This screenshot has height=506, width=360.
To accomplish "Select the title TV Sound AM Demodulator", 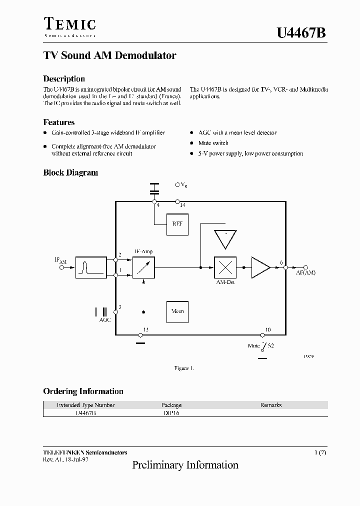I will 109,56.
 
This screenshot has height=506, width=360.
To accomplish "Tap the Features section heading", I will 59,122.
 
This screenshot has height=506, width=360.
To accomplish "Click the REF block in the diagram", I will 177,224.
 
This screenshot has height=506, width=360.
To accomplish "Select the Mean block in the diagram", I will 177,311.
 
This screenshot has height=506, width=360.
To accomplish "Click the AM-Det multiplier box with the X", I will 225,267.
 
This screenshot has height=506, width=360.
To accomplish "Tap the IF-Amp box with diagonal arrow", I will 144,267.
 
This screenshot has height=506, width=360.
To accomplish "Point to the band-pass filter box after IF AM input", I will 91,267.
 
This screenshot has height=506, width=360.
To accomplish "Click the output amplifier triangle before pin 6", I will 259,267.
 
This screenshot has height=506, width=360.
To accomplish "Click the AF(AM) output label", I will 305,272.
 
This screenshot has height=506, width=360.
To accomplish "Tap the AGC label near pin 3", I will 104,319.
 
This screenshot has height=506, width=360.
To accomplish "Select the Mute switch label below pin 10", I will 254,345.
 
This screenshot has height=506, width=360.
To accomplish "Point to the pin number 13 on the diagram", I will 146,329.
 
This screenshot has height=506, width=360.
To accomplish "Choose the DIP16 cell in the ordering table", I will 171,413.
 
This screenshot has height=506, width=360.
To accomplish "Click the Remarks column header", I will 270,405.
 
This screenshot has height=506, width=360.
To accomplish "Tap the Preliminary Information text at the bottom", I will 185,465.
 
